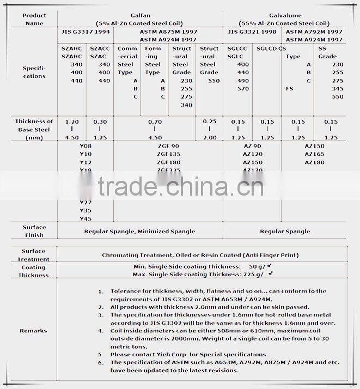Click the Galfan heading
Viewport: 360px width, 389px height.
point(139,16)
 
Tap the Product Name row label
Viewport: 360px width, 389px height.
point(34,19)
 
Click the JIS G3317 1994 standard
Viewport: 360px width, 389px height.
point(87,33)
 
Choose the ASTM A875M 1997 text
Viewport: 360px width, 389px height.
point(168,33)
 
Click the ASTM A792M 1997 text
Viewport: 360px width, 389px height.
point(315,33)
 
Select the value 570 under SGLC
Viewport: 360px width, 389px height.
point(243,88)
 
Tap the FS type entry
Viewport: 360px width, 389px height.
point(290,88)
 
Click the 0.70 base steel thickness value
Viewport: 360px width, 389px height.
point(156,121)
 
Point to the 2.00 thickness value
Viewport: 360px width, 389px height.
point(209,138)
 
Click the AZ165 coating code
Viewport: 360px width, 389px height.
point(315,155)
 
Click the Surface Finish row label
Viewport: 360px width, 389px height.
point(34,231)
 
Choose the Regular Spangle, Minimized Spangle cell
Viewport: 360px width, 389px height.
point(139,232)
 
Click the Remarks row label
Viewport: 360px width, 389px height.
point(34,331)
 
